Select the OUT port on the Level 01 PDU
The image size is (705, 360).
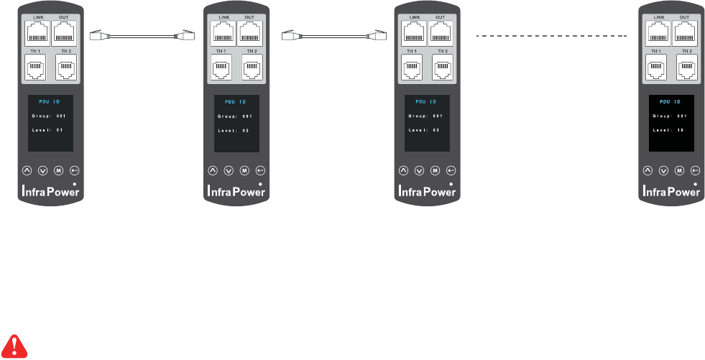64,33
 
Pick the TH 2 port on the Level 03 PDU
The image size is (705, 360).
443,69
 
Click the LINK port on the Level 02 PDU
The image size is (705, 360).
224,33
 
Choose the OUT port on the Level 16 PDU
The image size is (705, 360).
683,33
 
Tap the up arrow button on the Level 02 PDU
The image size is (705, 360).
212,170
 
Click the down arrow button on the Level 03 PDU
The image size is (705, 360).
418,170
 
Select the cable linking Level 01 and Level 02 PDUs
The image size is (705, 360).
142,34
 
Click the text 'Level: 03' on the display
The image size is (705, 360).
424,129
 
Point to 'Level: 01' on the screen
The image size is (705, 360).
48,129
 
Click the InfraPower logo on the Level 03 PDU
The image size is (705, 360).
427,191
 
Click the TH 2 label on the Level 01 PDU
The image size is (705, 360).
66,51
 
